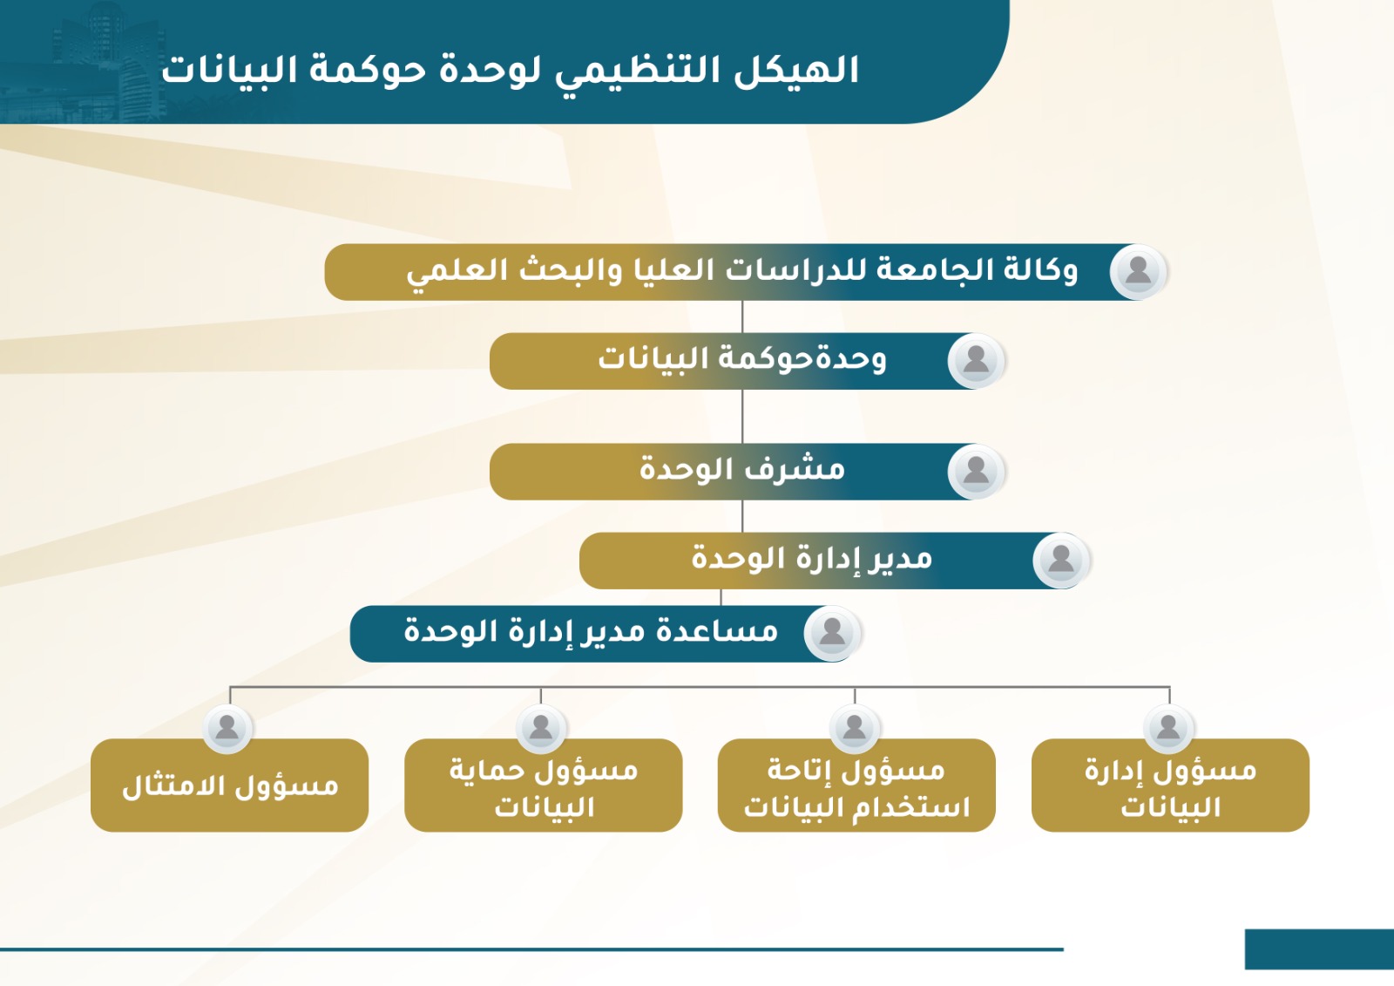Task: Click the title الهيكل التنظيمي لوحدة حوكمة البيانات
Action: (511, 71)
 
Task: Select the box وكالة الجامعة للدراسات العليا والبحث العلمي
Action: (745, 272)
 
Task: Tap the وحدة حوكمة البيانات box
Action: (747, 361)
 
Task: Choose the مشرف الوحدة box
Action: (747, 472)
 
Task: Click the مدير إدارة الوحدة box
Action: (834, 561)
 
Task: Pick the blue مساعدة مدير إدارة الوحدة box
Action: (605, 634)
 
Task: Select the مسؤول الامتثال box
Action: (230, 785)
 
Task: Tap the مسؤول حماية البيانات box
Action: (544, 785)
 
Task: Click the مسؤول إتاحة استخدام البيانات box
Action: (856, 785)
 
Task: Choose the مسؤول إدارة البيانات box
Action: (1171, 785)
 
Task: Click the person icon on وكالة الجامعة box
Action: (1138, 272)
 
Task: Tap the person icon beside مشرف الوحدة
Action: (976, 472)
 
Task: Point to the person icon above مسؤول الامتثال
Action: (227, 729)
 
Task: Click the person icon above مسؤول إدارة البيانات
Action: (1168, 729)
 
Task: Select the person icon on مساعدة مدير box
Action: (832, 634)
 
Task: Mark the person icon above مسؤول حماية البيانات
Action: (541, 729)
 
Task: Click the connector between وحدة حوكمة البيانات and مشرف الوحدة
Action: (742, 417)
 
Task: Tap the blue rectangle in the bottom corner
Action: (1319, 949)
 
